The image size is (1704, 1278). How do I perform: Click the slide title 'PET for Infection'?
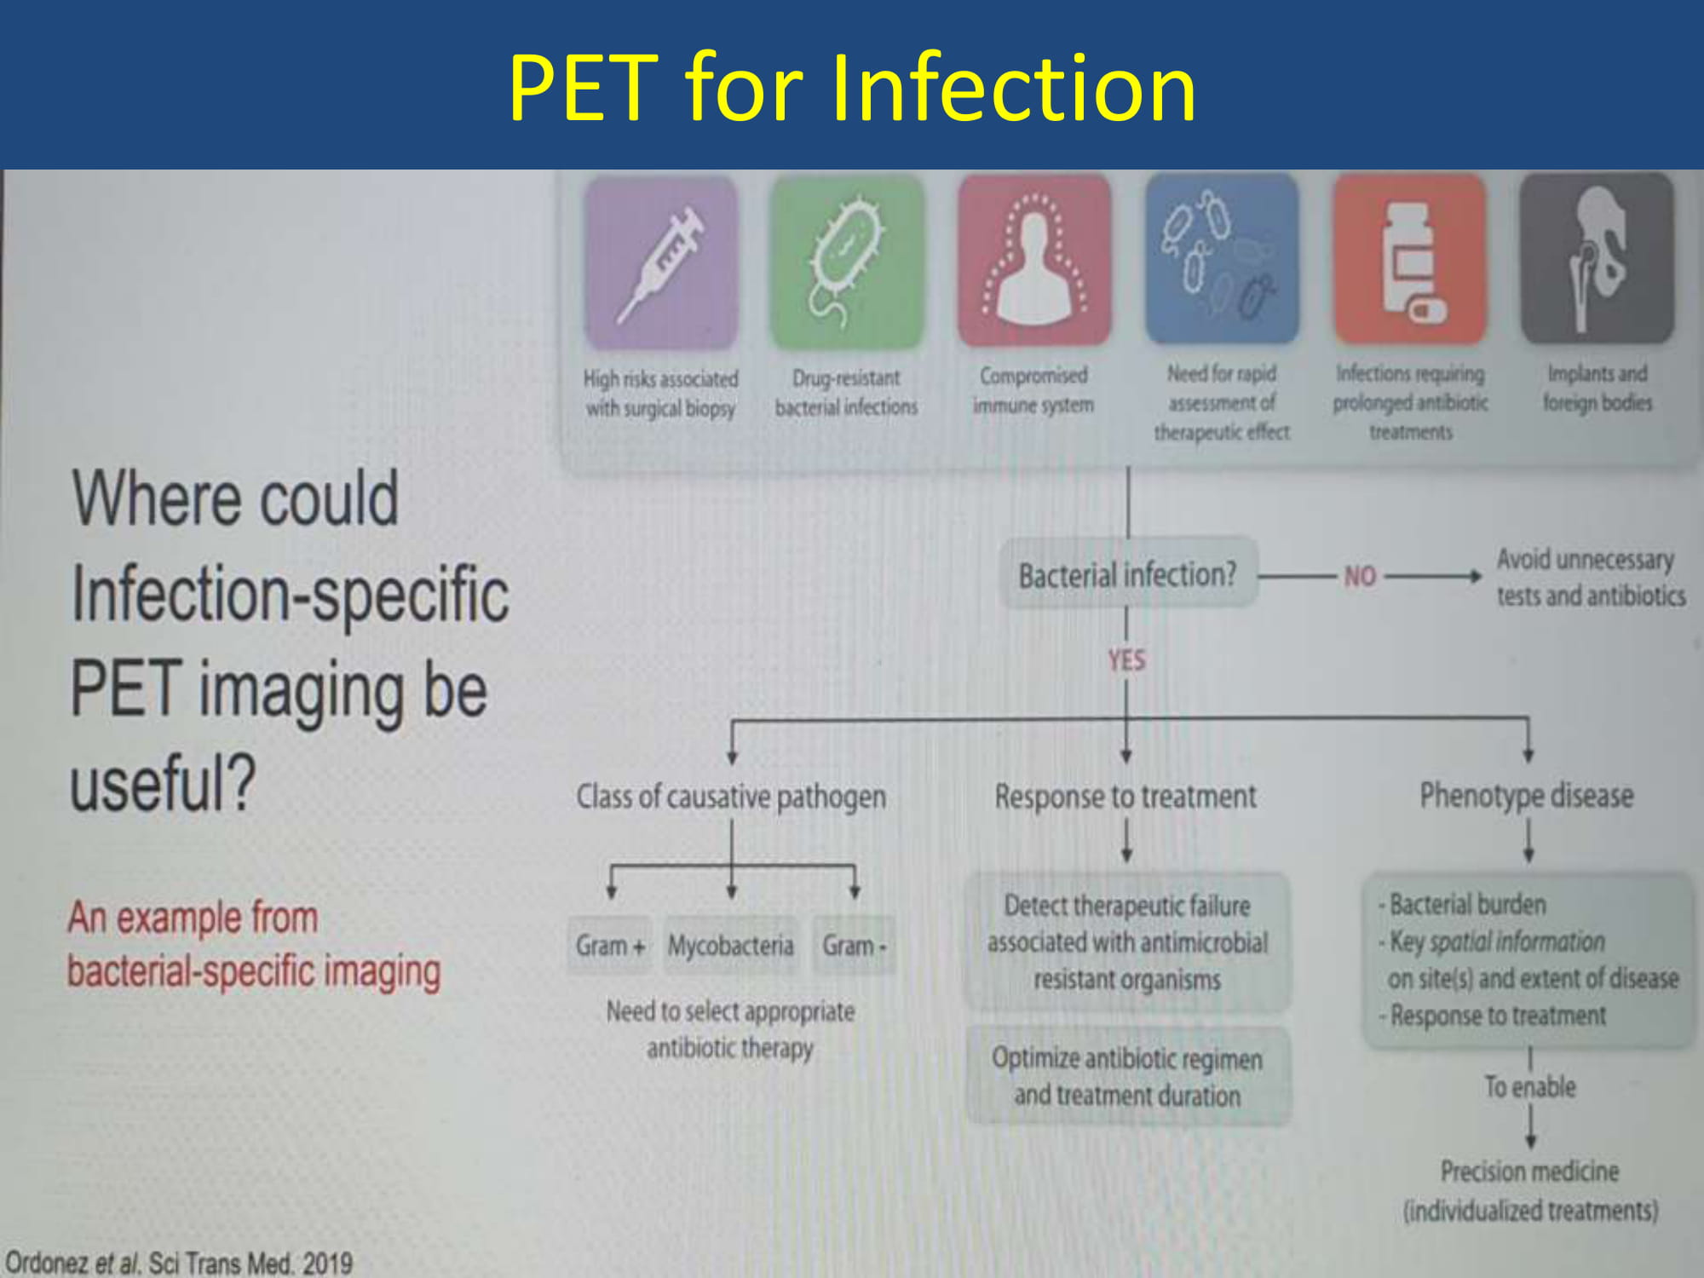point(852,87)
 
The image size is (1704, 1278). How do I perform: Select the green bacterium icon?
point(847,262)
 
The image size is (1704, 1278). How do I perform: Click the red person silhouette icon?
point(1034,260)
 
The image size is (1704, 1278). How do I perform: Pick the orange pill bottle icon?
point(1410,258)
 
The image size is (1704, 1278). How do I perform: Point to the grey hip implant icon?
point(1597,258)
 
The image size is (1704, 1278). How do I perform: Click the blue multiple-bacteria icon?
point(1222,258)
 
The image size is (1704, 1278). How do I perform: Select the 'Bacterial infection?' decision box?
point(1128,573)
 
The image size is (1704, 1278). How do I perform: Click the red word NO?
point(1360,577)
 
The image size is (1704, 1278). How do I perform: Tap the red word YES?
point(1126,659)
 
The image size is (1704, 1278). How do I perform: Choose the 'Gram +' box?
point(610,945)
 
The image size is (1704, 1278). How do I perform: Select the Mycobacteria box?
point(731,945)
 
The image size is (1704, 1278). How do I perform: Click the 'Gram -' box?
point(854,945)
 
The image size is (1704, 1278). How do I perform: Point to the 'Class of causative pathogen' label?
point(731,797)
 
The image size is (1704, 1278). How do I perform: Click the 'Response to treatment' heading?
point(1125,797)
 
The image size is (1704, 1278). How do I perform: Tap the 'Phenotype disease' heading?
point(1527,796)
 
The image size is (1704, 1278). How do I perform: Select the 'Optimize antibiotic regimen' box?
point(1128,1077)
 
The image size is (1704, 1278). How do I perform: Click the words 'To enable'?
point(1530,1087)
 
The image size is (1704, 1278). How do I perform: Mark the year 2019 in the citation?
point(327,1263)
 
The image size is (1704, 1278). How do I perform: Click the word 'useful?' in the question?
point(163,783)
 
